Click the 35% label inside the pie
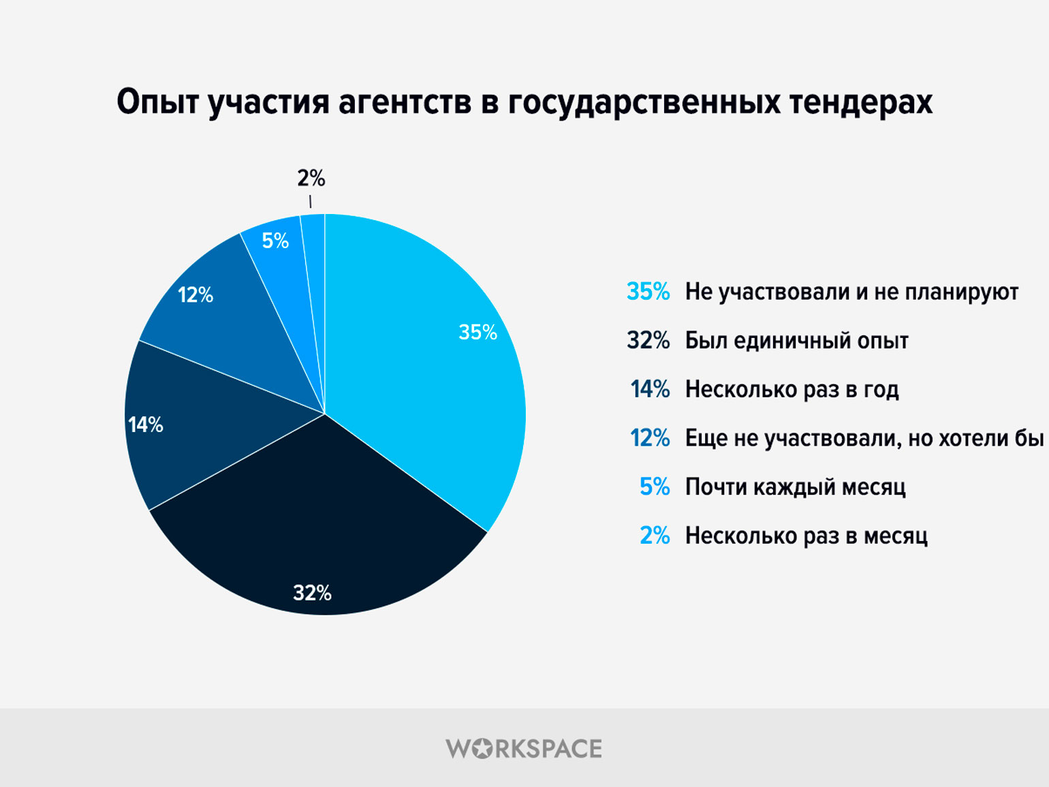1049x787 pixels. [x=477, y=332]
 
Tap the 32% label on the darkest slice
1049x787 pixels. [x=312, y=593]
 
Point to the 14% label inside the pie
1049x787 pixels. [x=146, y=425]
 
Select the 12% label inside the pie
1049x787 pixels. [x=195, y=295]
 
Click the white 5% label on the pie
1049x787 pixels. [x=275, y=241]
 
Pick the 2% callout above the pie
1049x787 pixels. [x=311, y=179]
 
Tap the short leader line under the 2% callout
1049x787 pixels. [x=310, y=202]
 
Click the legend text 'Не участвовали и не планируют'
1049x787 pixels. [x=851, y=292]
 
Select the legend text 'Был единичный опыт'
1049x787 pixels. [x=797, y=341]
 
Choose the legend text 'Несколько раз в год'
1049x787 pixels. [x=792, y=390]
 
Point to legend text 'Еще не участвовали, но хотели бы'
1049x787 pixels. [x=864, y=438]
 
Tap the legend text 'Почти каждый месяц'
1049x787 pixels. [x=795, y=487]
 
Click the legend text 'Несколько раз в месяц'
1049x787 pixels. [x=807, y=536]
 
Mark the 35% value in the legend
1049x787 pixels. [x=648, y=292]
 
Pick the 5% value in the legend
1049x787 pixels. [x=655, y=487]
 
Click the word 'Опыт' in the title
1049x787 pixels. [x=158, y=102]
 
